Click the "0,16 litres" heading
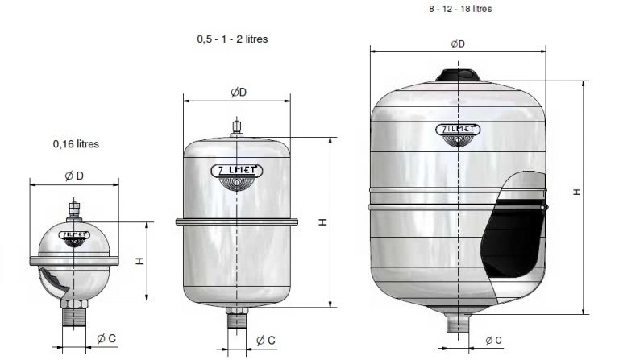[76, 144]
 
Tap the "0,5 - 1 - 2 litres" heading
[232, 39]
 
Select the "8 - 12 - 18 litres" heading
[460, 9]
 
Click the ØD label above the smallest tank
[74, 176]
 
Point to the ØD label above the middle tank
[239, 93]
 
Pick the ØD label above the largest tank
[458, 43]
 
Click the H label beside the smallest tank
[140, 261]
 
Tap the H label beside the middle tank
[323, 222]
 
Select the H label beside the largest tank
[577, 192]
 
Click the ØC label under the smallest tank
[106, 338]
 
